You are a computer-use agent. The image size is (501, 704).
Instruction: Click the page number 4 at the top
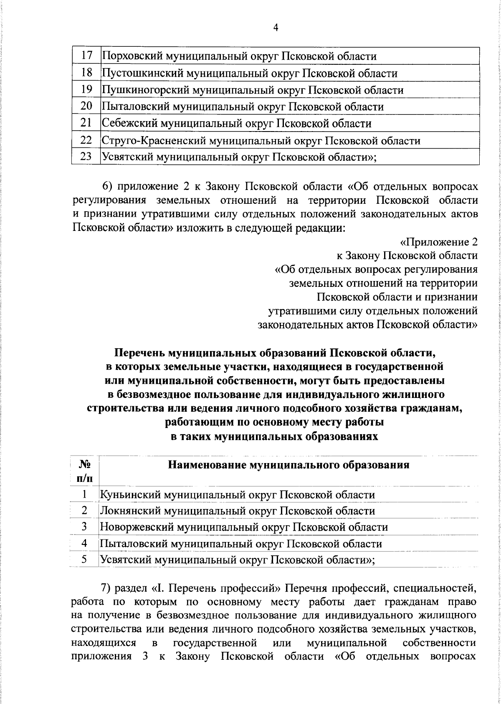[x=275, y=28]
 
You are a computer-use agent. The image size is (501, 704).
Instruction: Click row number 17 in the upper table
[x=86, y=56]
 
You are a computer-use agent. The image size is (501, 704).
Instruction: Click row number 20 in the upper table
[x=86, y=106]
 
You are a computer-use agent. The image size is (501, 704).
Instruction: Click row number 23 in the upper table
[x=86, y=157]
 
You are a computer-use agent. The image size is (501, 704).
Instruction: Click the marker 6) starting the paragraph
[x=109, y=186]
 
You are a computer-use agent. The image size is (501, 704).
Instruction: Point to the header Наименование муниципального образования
[x=288, y=465]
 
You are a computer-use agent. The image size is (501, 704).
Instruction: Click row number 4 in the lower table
[x=84, y=543]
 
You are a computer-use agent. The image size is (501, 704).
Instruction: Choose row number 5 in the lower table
[x=84, y=560]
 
